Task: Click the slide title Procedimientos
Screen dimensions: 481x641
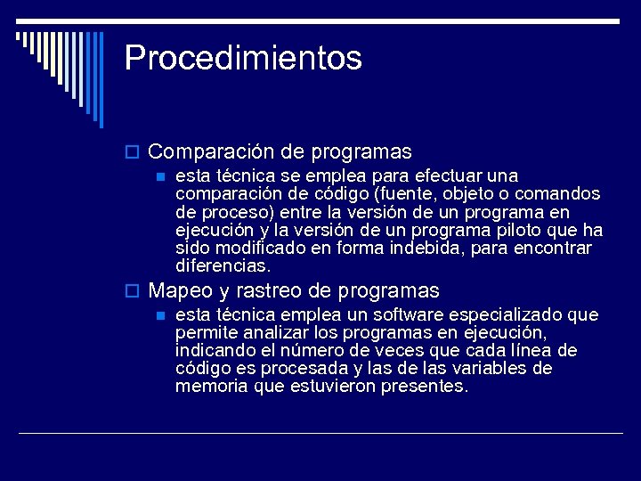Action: click(243, 58)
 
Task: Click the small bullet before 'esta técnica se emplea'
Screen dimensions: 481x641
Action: click(161, 176)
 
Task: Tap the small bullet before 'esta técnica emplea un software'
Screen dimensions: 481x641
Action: click(161, 315)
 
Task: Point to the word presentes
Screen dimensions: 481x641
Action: click(424, 387)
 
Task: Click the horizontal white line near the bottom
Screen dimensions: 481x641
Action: click(320, 433)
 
